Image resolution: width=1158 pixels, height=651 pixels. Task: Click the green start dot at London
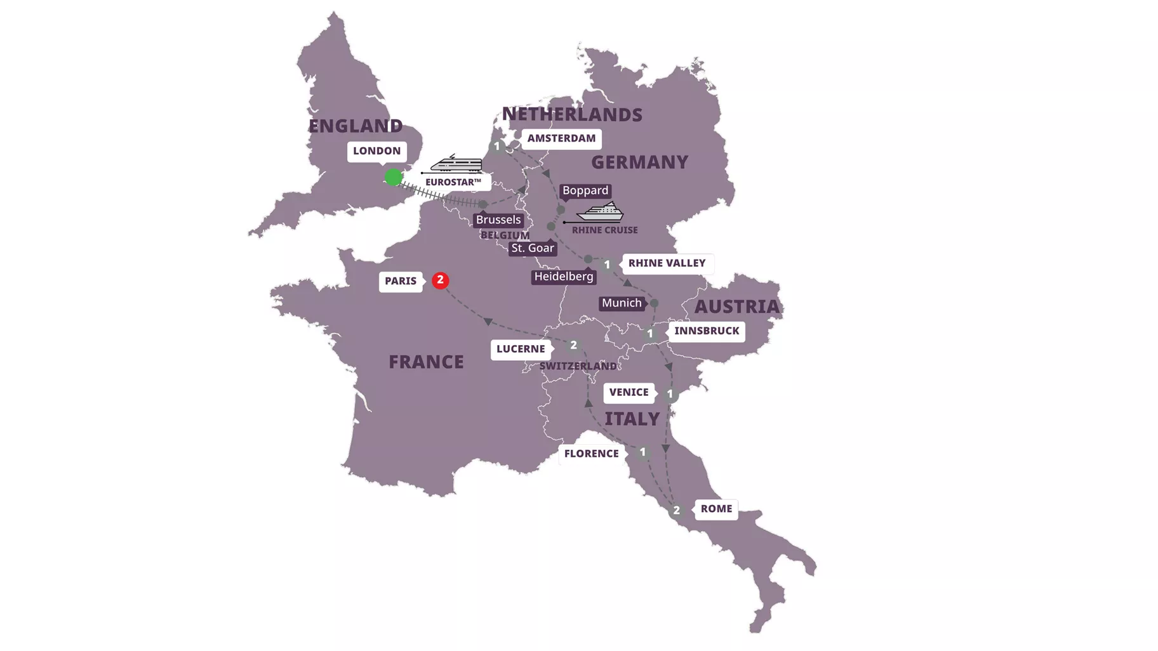[x=393, y=177]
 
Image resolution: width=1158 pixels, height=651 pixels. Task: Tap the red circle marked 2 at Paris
[x=440, y=280]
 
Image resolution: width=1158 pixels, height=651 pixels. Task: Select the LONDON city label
[x=376, y=151]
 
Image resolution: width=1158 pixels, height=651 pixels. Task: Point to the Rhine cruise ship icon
[x=600, y=212]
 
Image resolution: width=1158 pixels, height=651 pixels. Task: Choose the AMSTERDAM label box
[x=561, y=138]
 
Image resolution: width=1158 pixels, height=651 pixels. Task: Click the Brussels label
[x=498, y=220]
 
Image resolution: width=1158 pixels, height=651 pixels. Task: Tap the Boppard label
[x=585, y=190]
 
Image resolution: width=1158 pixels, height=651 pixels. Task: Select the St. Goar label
[x=533, y=248]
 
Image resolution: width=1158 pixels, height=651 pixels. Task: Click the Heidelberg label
[x=564, y=277]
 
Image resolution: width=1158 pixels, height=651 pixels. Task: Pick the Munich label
[x=622, y=303]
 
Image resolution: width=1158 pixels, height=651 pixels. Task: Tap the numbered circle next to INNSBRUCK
[x=650, y=334]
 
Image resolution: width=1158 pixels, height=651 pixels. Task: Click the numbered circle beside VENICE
[x=670, y=394]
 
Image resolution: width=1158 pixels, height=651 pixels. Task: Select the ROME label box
[x=716, y=509]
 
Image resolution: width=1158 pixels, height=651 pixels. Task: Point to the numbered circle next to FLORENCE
[x=642, y=452]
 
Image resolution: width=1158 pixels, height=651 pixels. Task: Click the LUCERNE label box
[x=521, y=349]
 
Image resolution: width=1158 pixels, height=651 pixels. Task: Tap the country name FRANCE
[x=426, y=362]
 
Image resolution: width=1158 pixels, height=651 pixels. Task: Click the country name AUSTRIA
[x=736, y=307]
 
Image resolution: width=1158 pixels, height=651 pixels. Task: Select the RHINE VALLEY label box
[x=667, y=263]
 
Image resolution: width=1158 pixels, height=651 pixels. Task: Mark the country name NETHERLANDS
[x=572, y=115]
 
